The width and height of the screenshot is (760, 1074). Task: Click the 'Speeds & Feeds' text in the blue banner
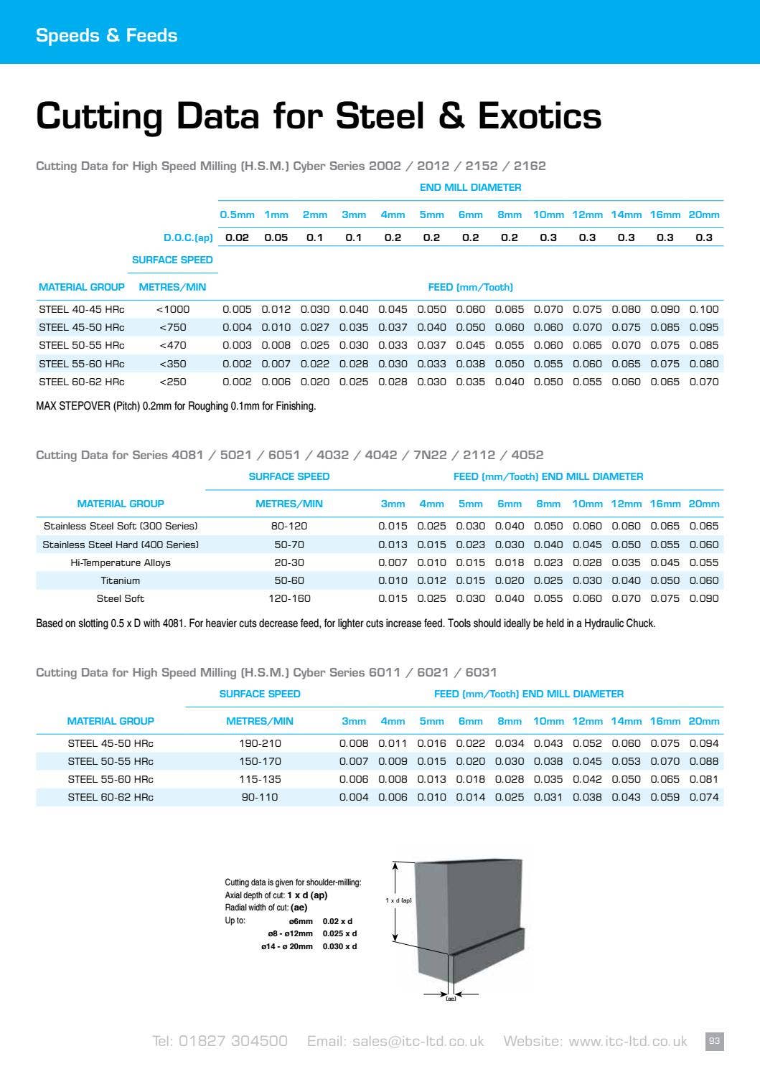click(106, 35)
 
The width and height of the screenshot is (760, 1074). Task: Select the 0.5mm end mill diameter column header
click(237, 215)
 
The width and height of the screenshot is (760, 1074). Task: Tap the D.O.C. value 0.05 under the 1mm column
click(276, 237)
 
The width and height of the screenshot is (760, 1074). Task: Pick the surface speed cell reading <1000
click(172, 309)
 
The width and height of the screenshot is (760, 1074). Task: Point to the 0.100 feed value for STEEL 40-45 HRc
click(703, 309)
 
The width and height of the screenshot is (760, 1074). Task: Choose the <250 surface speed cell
click(172, 382)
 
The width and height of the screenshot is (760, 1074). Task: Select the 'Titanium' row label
click(121, 580)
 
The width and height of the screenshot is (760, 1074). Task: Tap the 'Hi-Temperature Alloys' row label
click(121, 562)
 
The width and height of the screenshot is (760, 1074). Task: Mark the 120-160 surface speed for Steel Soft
click(289, 598)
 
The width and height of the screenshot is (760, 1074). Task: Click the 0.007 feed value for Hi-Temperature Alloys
click(393, 562)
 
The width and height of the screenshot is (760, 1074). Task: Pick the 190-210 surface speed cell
click(260, 743)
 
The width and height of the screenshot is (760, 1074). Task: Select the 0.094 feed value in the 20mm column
click(703, 743)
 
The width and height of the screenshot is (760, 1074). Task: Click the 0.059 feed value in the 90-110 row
click(665, 797)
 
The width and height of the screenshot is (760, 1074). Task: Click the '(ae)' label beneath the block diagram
click(451, 999)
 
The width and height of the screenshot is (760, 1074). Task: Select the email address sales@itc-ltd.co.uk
click(418, 1041)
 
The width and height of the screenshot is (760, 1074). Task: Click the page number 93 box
click(714, 1041)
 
